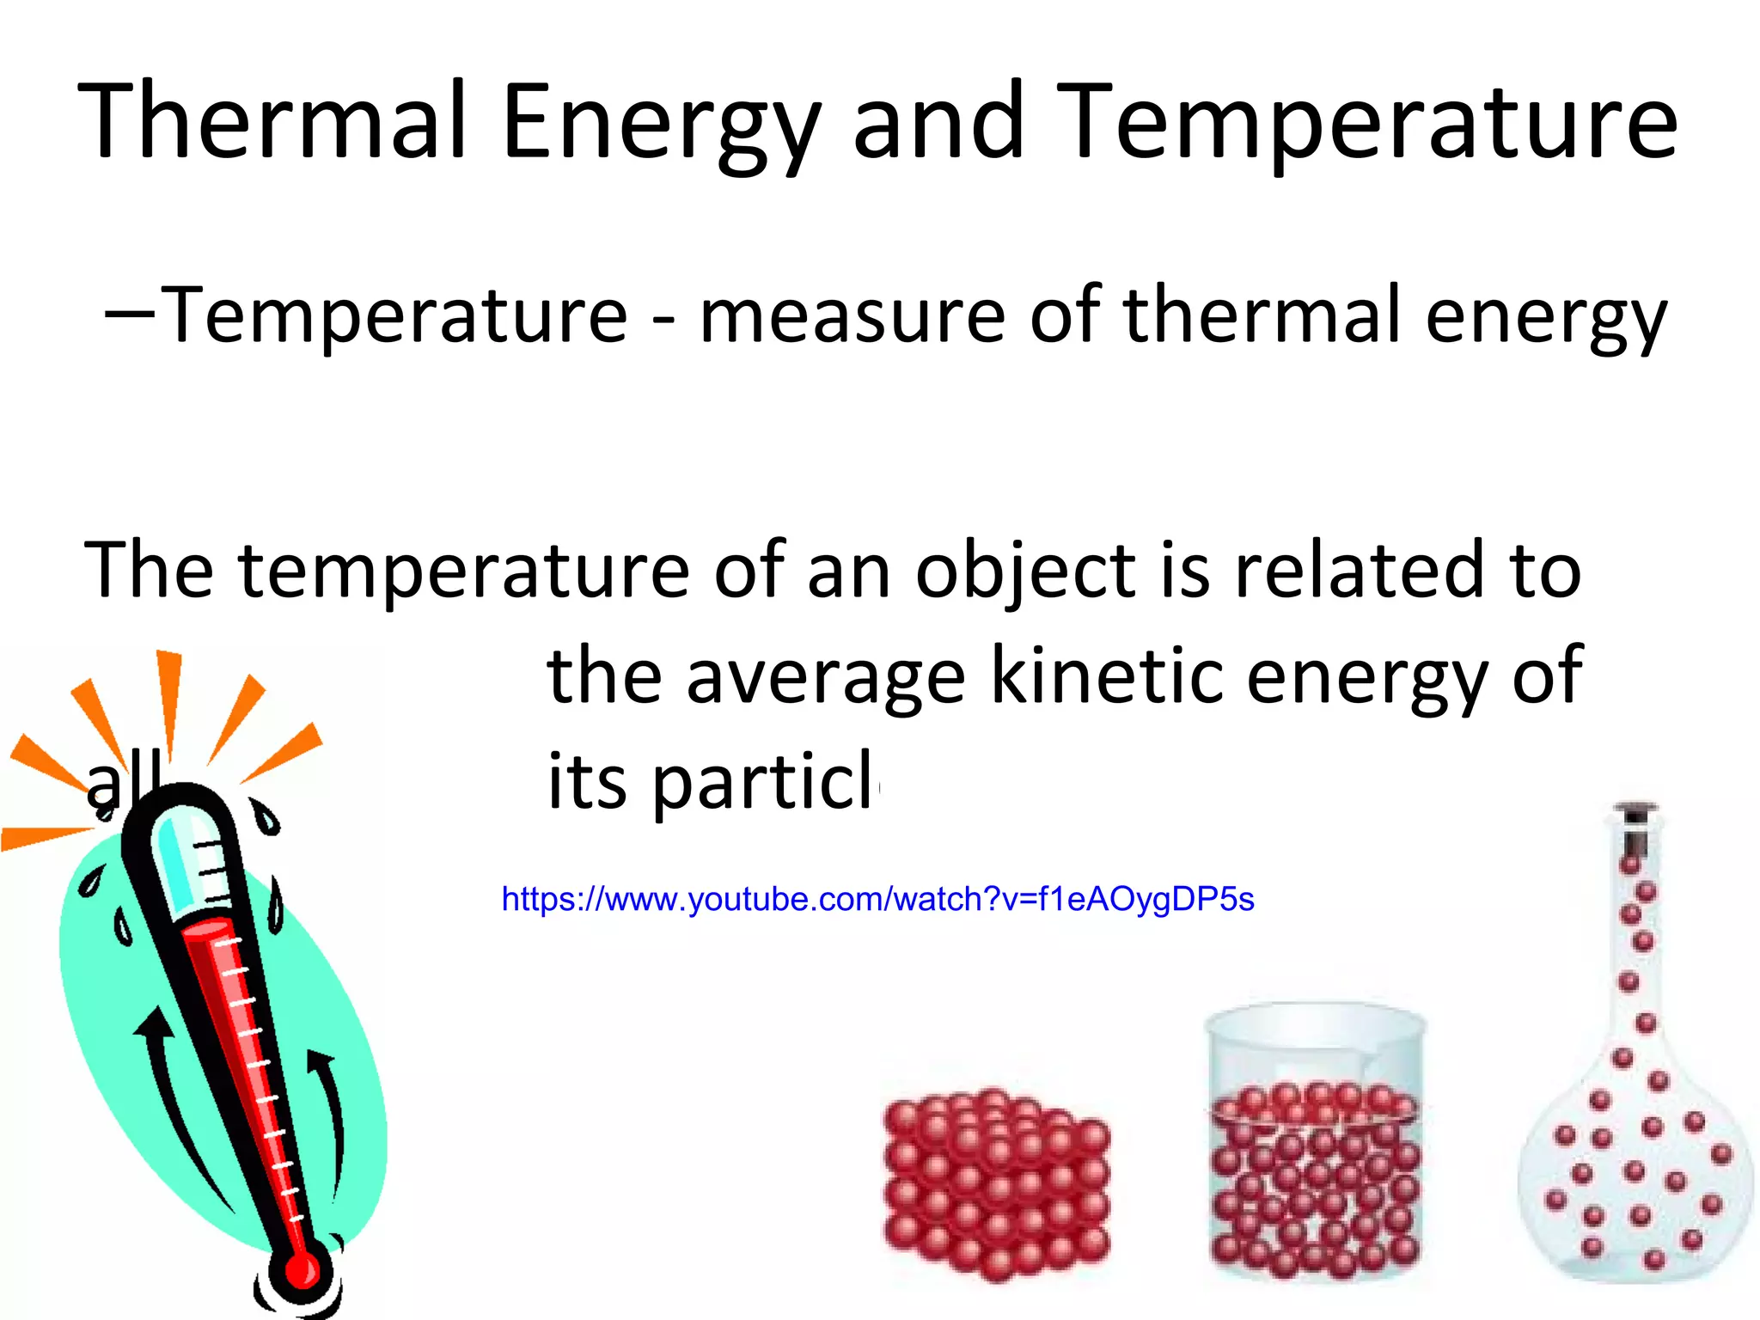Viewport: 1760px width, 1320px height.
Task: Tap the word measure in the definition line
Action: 852,316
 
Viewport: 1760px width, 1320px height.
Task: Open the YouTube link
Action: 877,900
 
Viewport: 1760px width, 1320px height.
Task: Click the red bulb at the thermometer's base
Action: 301,1270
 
